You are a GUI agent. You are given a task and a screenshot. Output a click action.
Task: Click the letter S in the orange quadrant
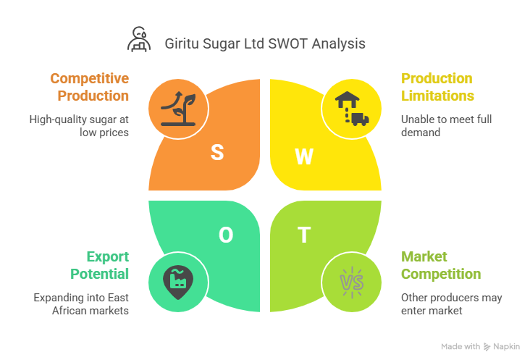coord(217,152)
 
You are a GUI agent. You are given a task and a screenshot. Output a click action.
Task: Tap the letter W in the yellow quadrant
coord(304,156)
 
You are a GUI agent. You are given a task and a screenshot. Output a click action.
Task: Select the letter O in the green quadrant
coord(226,235)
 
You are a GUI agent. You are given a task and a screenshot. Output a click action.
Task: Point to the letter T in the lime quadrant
coord(304,235)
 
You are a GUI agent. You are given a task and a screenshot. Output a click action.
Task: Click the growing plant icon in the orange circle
coord(178,109)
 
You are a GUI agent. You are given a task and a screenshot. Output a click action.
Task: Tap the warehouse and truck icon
coord(352,109)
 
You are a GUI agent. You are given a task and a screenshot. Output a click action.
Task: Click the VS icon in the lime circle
coord(352,282)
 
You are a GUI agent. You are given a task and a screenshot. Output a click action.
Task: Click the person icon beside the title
coord(139,39)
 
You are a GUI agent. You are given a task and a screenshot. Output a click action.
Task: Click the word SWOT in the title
coord(288,43)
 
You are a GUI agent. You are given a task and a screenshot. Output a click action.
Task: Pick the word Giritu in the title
coord(182,43)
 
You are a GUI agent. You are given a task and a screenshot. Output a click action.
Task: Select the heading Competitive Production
coord(90,87)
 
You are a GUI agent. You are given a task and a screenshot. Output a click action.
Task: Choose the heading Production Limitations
coord(437,87)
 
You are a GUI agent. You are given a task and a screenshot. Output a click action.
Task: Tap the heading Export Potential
coord(100,265)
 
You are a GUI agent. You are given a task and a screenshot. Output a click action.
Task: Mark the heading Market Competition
coord(441,265)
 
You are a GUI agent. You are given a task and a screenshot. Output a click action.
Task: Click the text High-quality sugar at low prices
coord(79,126)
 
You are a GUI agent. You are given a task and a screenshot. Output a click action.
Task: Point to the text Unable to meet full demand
coord(446,126)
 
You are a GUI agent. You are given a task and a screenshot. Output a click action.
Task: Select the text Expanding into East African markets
coord(81,304)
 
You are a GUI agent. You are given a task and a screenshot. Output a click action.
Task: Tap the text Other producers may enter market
coord(452,304)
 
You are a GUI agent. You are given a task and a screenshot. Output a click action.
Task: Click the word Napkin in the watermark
coord(506,346)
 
